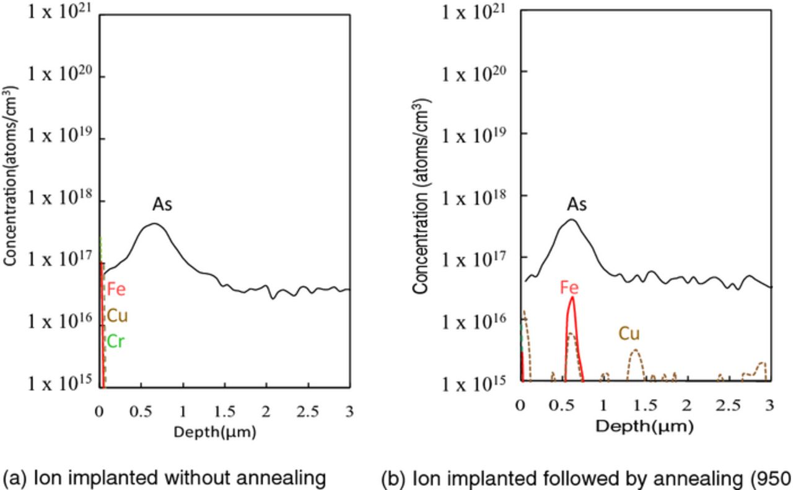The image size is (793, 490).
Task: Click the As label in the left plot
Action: coord(162,205)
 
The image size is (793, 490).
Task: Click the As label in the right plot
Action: coord(577,204)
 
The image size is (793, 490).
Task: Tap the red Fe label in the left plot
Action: coord(116,289)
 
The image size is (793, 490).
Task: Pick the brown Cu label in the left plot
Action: coord(117,316)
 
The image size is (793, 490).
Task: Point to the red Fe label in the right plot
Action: coord(570,288)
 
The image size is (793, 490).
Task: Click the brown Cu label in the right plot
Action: coord(629,335)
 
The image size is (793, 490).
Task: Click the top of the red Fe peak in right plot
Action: coord(572,298)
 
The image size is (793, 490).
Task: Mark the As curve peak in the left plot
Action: coord(154,223)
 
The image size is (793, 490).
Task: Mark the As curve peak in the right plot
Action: coord(571,219)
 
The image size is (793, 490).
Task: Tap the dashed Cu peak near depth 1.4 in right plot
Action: coord(636,350)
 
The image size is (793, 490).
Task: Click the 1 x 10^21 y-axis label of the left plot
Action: coord(59,12)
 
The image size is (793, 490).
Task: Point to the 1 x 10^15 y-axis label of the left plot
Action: coord(59,384)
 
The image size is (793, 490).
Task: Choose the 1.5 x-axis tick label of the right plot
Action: coord(645,405)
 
